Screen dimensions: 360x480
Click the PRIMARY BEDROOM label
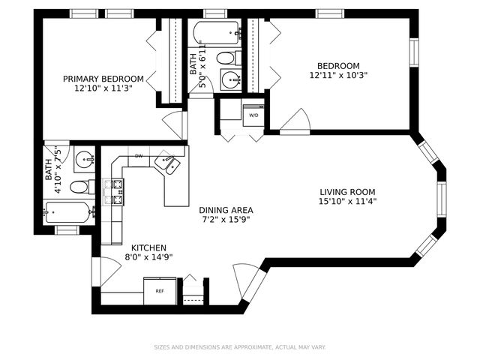click(103, 79)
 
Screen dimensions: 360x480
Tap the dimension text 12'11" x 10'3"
click(338, 75)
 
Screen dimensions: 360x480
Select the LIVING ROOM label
click(347, 191)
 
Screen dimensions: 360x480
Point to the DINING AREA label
click(226, 210)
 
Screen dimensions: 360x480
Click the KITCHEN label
click(148, 247)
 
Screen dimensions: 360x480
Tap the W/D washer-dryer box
click(253, 115)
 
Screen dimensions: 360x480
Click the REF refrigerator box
click(160, 290)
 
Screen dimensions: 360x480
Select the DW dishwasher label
click(139, 156)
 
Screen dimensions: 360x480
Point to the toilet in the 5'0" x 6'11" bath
click(226, 58)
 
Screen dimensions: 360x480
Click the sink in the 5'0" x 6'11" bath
click(227, 79)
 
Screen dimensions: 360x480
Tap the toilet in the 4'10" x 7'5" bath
click(81, 186)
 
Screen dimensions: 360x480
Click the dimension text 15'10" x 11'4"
click(347, 201)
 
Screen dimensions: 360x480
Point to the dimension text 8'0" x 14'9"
click(148, 257)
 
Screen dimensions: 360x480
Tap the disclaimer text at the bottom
click(240, 347)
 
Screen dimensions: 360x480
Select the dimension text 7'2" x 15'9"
click(226, 220)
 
